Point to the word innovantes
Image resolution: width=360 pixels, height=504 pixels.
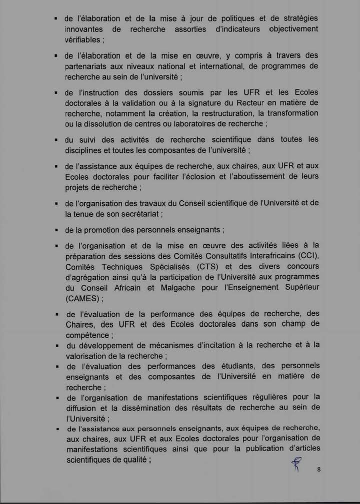(83, 29)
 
